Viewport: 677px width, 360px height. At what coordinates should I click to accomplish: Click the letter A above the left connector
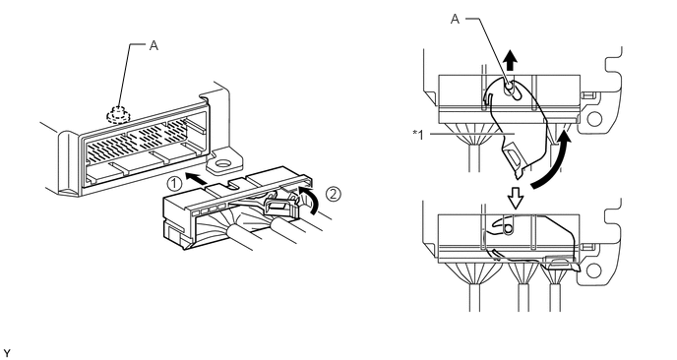(x=154, y=45)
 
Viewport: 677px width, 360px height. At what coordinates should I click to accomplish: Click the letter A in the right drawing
(x=455, y=19)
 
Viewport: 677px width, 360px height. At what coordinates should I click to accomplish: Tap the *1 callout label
(x=418, y=134)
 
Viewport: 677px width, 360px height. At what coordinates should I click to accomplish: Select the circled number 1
(x=174, y=184)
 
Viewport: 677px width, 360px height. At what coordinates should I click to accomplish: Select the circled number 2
(x=333, y=194)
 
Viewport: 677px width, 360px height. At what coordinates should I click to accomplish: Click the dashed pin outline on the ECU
(x=115, y=114)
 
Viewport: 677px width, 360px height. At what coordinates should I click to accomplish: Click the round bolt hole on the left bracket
(x=223, y=163)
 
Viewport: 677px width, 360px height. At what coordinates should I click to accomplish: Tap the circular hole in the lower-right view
(x=594, y=270)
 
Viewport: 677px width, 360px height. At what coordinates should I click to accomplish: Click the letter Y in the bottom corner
(x=6, y=354)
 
